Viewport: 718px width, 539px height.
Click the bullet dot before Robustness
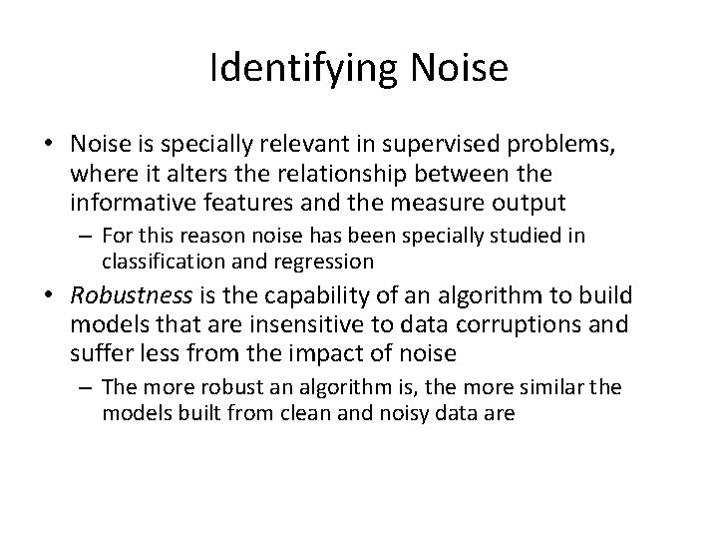click(x=47, y=296)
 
